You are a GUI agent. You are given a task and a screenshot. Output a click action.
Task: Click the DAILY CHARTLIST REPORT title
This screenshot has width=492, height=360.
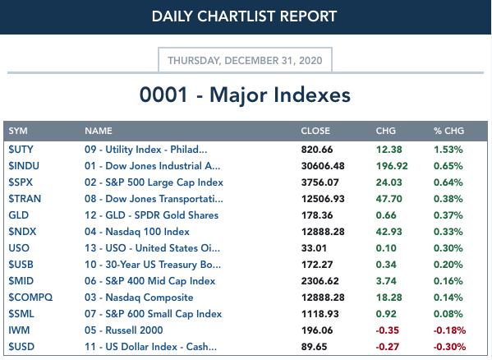244,16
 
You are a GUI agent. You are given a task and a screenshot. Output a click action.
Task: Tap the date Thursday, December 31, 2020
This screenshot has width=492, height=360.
245,60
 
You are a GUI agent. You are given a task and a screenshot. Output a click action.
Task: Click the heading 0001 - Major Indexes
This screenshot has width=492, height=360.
245,95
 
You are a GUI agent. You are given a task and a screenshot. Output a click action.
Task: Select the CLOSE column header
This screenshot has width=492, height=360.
315,131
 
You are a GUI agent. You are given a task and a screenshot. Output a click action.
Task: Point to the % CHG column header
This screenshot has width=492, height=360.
448,131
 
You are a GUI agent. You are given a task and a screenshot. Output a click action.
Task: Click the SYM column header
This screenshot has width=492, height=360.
18,131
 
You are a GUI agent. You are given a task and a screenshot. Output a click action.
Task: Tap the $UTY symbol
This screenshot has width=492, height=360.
21,150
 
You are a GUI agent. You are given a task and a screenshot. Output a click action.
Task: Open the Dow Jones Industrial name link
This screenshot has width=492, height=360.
152,166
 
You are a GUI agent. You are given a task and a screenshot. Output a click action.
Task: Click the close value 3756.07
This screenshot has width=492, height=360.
320,182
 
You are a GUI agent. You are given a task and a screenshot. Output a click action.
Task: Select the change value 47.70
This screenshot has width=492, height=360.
389,199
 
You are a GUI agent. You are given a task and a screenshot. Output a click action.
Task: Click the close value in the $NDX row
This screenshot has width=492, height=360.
323,232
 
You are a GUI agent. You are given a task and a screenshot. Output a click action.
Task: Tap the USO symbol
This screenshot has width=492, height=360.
19,248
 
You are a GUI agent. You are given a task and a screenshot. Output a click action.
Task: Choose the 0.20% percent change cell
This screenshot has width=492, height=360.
448,265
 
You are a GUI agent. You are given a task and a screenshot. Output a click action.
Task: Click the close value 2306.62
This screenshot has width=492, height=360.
320,281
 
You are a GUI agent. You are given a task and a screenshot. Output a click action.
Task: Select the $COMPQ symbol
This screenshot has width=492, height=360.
30,298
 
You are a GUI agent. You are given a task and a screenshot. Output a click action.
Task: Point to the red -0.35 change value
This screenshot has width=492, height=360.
387,330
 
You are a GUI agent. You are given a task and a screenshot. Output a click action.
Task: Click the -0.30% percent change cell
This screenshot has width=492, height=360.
449,347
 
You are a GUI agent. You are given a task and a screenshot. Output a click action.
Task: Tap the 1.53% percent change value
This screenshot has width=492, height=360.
448,150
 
